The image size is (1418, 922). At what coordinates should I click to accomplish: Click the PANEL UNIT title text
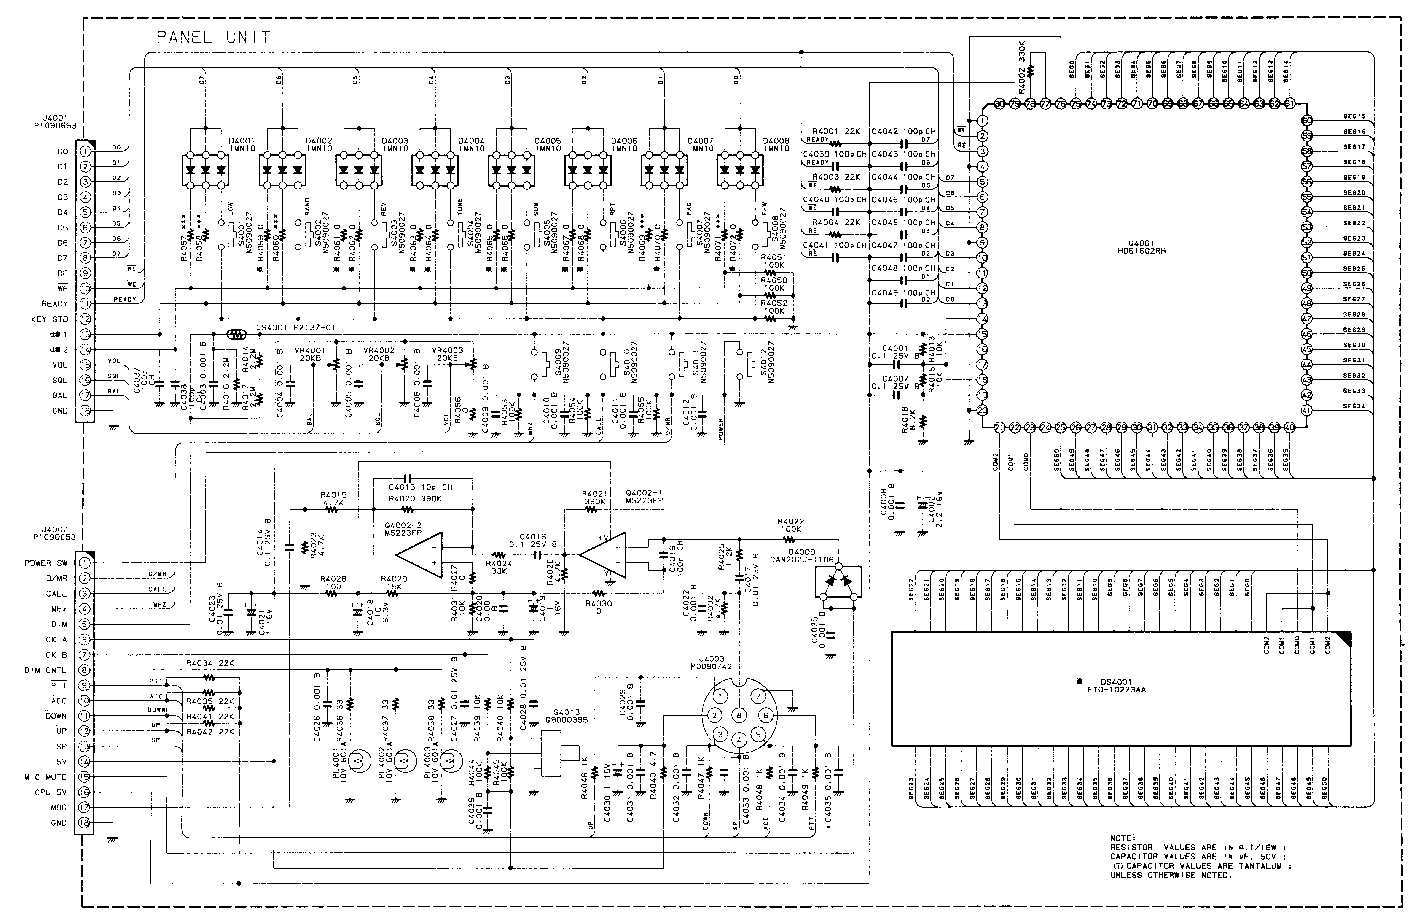tap(213, 38)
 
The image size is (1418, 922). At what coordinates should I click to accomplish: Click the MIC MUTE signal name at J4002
tap(45, 777)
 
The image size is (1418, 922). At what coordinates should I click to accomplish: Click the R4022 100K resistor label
tap(791, 525)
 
